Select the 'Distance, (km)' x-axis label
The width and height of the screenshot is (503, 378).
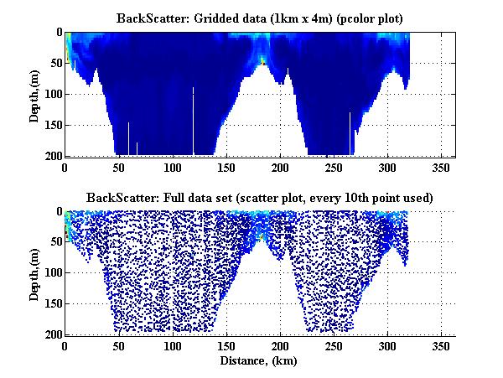[x=260, y=360]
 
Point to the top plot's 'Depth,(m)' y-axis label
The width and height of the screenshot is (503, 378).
[x=34, y=94]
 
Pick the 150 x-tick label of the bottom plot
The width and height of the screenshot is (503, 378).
[x=131, y=345]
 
